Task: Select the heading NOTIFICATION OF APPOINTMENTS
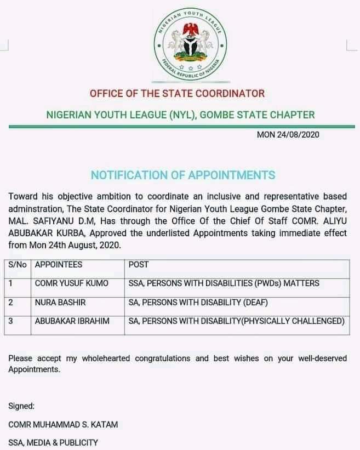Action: coord(183,175)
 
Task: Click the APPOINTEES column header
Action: coord(59,264)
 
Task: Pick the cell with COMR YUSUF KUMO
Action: coord(71,283)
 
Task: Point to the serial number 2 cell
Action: coord(10,302)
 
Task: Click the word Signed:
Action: coord(21,406)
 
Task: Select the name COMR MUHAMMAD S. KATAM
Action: coord(64,424)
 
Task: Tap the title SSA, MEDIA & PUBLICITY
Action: coord(53,442)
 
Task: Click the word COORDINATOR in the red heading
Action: coord(226,93)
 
